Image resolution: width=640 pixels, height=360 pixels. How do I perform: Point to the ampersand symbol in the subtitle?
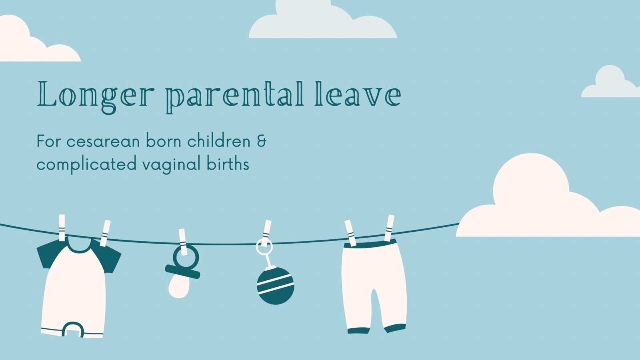tap(262, 142)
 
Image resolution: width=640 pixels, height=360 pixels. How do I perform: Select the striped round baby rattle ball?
tap(275, 286)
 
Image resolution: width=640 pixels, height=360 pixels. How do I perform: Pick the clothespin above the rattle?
tap(267, 230)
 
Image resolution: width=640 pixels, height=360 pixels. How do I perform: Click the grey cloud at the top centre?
tap(322, 22)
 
